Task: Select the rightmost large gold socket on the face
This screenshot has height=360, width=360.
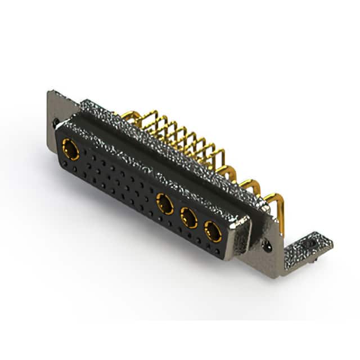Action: (212, 231)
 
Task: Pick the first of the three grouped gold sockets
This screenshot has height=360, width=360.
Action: (165, 204)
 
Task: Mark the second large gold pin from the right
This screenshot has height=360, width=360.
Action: (251, 188)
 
